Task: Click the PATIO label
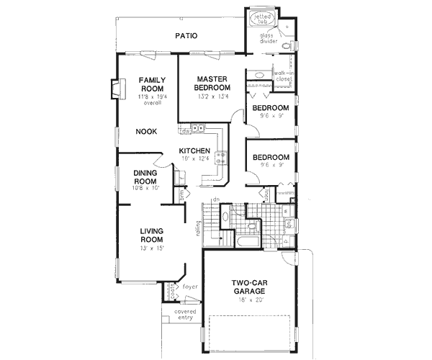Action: pyautogui.click(x=185, y=35)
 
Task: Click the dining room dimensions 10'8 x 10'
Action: pyautogui.click(x=150, y=188)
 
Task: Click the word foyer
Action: pyautogui.click(x=189, y=287)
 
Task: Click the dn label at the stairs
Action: pyautogui.click(x=215, y=199)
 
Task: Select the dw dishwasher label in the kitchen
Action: pyautogui.click(x=186, y=132)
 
